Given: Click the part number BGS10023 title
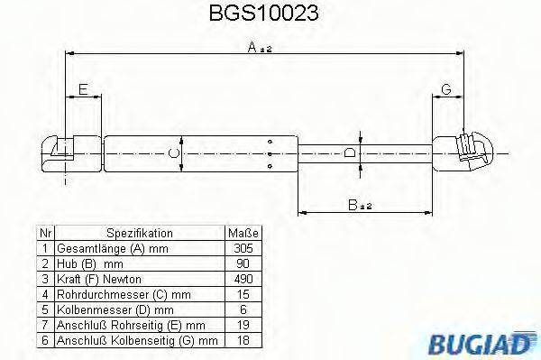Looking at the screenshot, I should coord(270,15).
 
